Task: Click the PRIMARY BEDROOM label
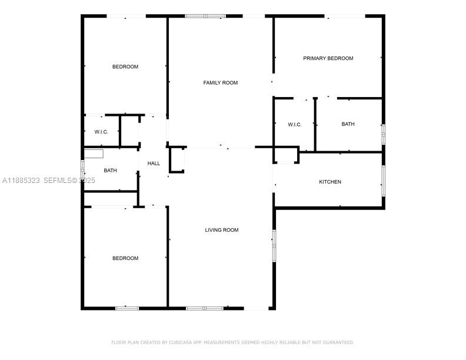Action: (x=328, y=58)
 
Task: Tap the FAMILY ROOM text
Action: (x=221, y=83)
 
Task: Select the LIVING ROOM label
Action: (x=222, y=230)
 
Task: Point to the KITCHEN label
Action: (x=330, y=182)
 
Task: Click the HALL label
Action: (x=154, y=164)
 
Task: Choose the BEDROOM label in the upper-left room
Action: (x=125, y=66)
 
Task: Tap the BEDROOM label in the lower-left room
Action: (x=125, y=258)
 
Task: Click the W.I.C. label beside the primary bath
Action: (x=295, y=124)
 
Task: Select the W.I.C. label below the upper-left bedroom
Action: (x=101, y=132)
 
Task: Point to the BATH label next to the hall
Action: (x=110, y=171)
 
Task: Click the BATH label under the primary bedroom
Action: (x=348, y=124)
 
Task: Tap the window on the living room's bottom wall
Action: (x=205, y=308)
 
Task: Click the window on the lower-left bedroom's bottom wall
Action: (x=127, y=308)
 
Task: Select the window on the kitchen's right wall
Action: (x=383, y=181)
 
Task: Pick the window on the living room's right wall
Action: (x=273, y=244)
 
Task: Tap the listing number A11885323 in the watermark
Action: (x=21, y=181)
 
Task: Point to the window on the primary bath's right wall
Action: (x=383, y=134)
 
